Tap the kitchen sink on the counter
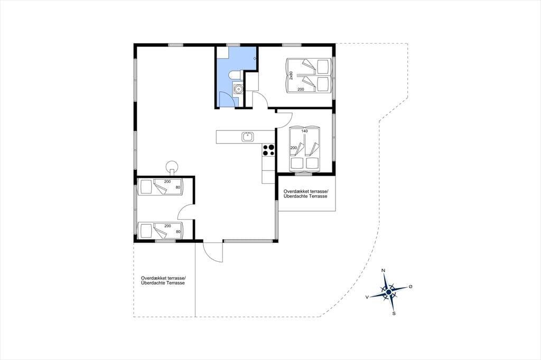point(248,137)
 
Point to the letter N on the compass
point(383,271)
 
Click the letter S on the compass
point(394,314)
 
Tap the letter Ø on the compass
point(410,287)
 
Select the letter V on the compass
point(367,297)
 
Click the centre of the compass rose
point(389,292)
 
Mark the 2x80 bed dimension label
point(291,75)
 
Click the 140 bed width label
point(304,131)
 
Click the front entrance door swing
point(212,252)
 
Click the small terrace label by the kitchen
point(305,193)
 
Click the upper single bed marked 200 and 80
point(160,187)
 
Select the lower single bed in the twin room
point(160,230)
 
